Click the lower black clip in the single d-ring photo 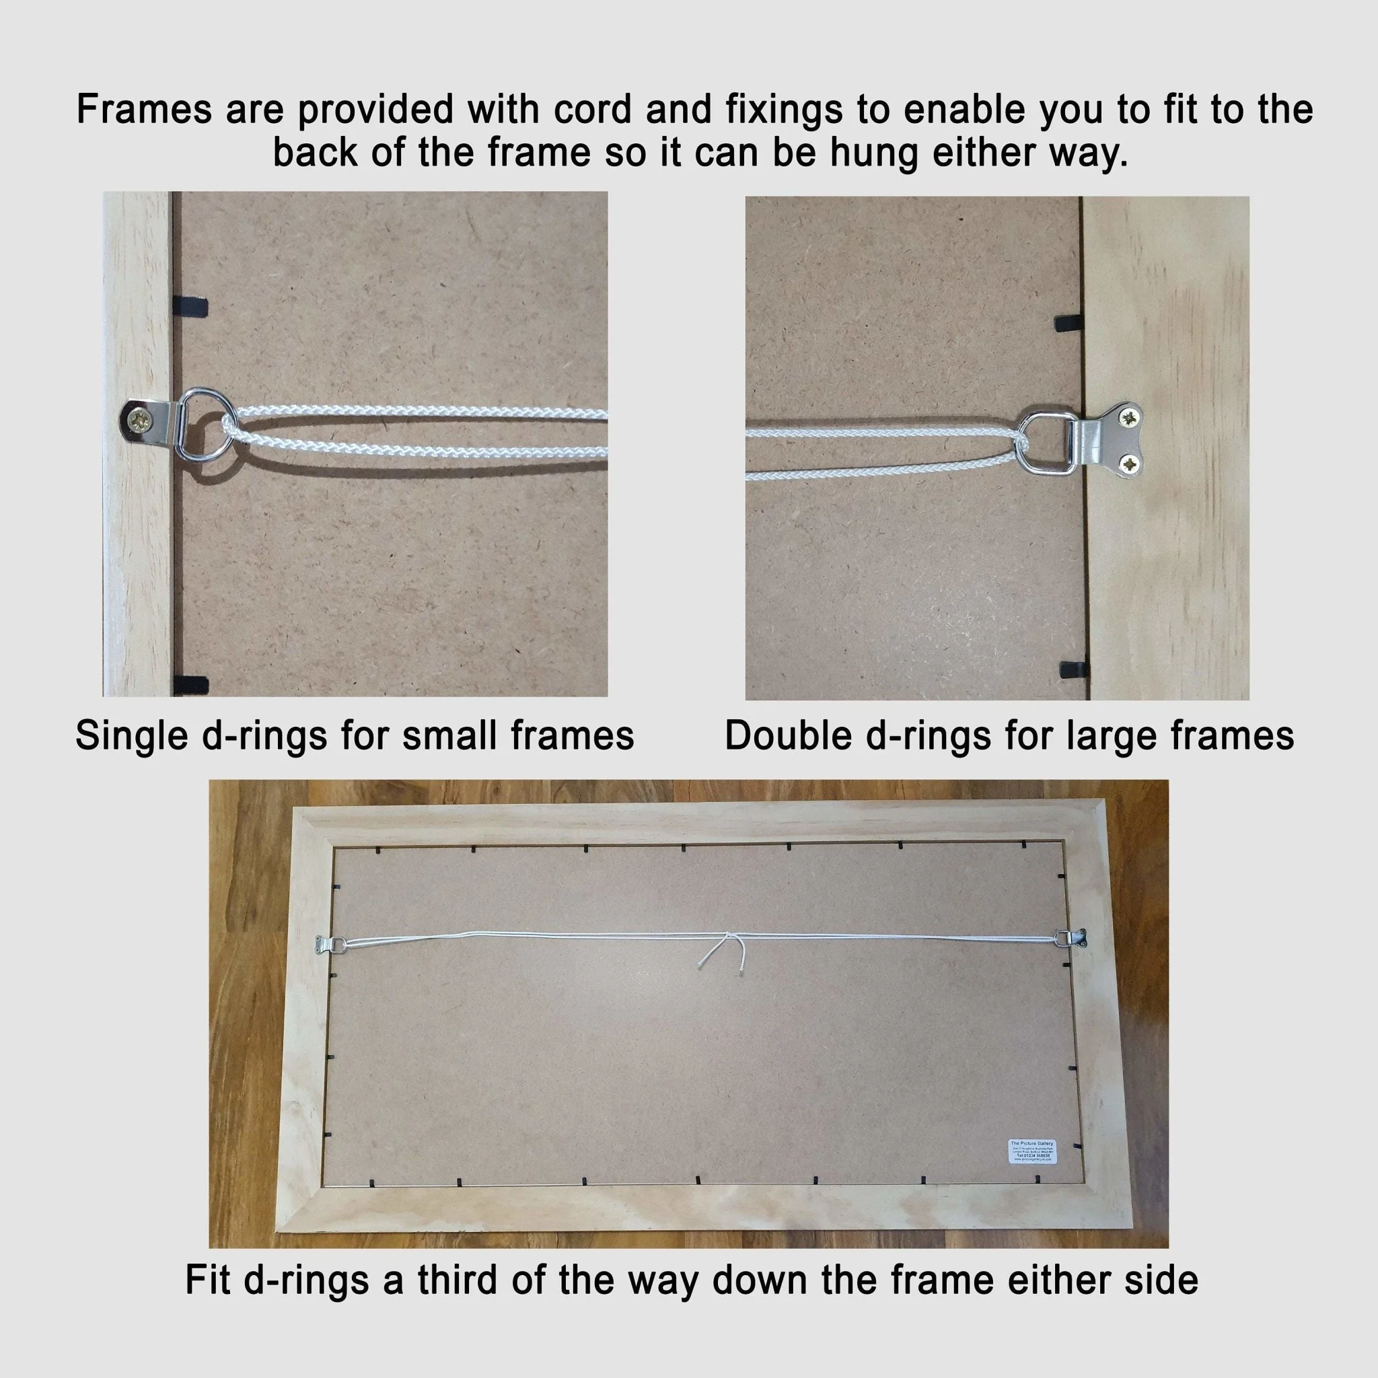pos(191,685)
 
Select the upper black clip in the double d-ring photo pos(1069,320)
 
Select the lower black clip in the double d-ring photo pos(1074,669)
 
